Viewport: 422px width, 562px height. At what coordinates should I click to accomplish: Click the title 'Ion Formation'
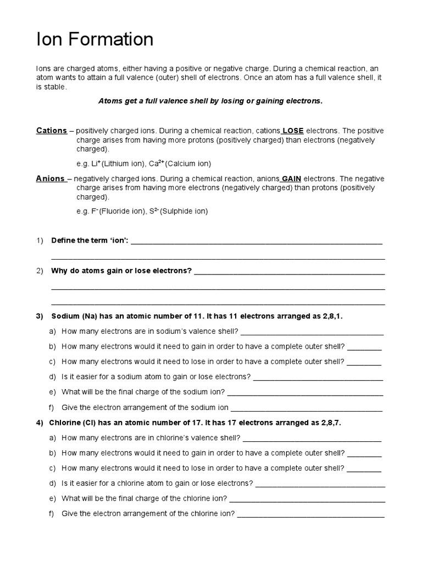95,40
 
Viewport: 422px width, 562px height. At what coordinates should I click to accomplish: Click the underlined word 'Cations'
51,131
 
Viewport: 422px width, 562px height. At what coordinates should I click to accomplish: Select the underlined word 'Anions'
51,179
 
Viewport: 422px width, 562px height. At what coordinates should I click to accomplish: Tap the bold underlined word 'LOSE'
293,131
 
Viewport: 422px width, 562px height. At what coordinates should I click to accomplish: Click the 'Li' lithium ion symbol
96,164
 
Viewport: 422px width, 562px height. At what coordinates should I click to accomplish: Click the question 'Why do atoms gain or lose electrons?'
121,271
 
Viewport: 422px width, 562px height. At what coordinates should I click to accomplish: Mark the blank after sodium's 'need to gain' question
364,347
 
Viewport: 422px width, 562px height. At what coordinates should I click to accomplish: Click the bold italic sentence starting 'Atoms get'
210,102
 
